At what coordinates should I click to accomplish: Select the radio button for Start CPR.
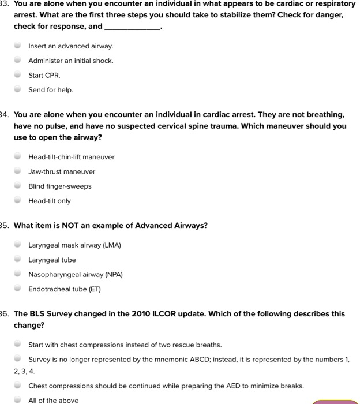coord(18,75)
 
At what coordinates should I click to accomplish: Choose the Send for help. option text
coord(51,90)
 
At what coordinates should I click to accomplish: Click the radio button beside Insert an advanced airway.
coord(18,46)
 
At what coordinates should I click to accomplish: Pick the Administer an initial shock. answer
coord(71,61)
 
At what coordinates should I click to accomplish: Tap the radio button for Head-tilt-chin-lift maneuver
coord(18,156)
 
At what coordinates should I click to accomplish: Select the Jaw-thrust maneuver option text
coord(62,171)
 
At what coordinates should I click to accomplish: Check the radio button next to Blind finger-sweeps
coord(18,186)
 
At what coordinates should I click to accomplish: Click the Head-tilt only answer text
coord(50,201)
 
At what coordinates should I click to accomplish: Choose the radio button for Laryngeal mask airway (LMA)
coord(18,245)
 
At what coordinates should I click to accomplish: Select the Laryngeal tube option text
coord(52,260)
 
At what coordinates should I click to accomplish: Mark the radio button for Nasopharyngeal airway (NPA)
coord(18,274)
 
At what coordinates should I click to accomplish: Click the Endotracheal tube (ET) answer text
coord(65,289)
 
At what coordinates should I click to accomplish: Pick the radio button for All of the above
coord(18,400)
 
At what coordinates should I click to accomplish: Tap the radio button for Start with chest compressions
coord(18,345)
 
